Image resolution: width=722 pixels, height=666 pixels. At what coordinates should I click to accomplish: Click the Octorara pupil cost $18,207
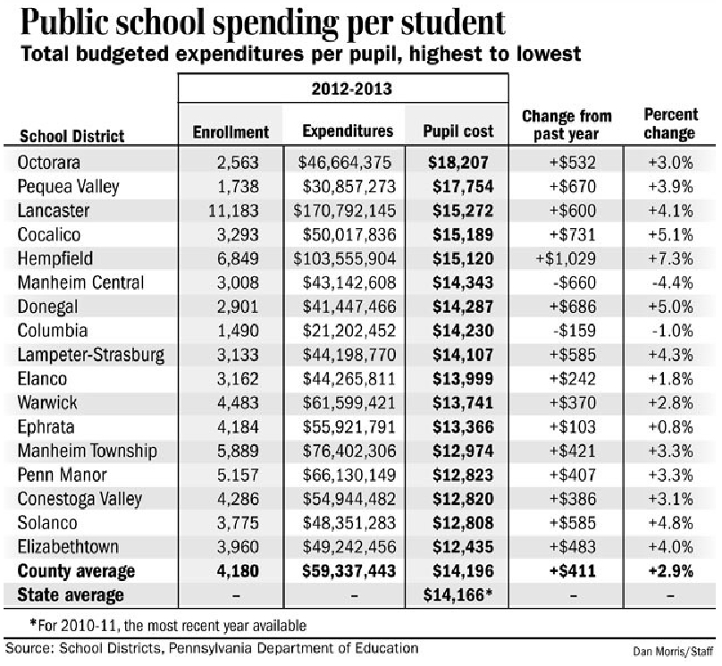click(x=458, y=162)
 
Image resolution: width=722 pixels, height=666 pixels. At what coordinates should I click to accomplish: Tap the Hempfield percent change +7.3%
click(x=669, y=259)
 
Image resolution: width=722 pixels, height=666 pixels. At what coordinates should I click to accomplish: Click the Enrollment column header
click(x=231, y=131)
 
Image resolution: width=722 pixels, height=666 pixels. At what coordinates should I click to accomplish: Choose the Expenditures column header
click(x=348, y=131)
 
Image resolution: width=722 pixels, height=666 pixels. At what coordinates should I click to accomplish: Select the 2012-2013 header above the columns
click(x=344, y=90)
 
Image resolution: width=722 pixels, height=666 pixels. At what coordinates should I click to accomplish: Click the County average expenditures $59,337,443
click(x=348, y=570)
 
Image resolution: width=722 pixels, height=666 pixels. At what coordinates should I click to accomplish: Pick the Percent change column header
click(x=669, y=124)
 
